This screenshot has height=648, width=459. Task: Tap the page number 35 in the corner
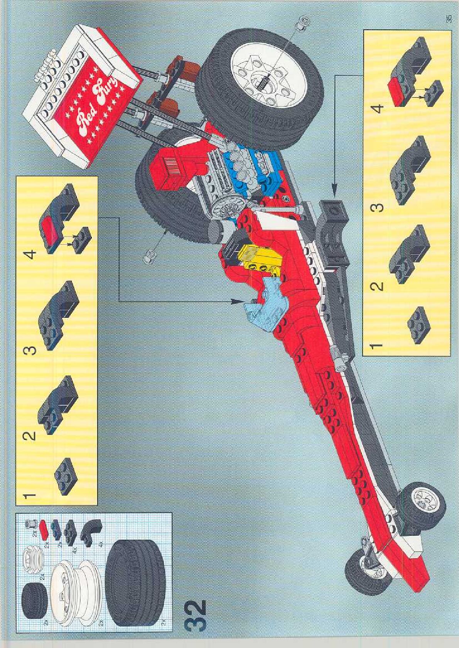point(448,20)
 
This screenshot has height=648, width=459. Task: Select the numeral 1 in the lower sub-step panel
point(376,345)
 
